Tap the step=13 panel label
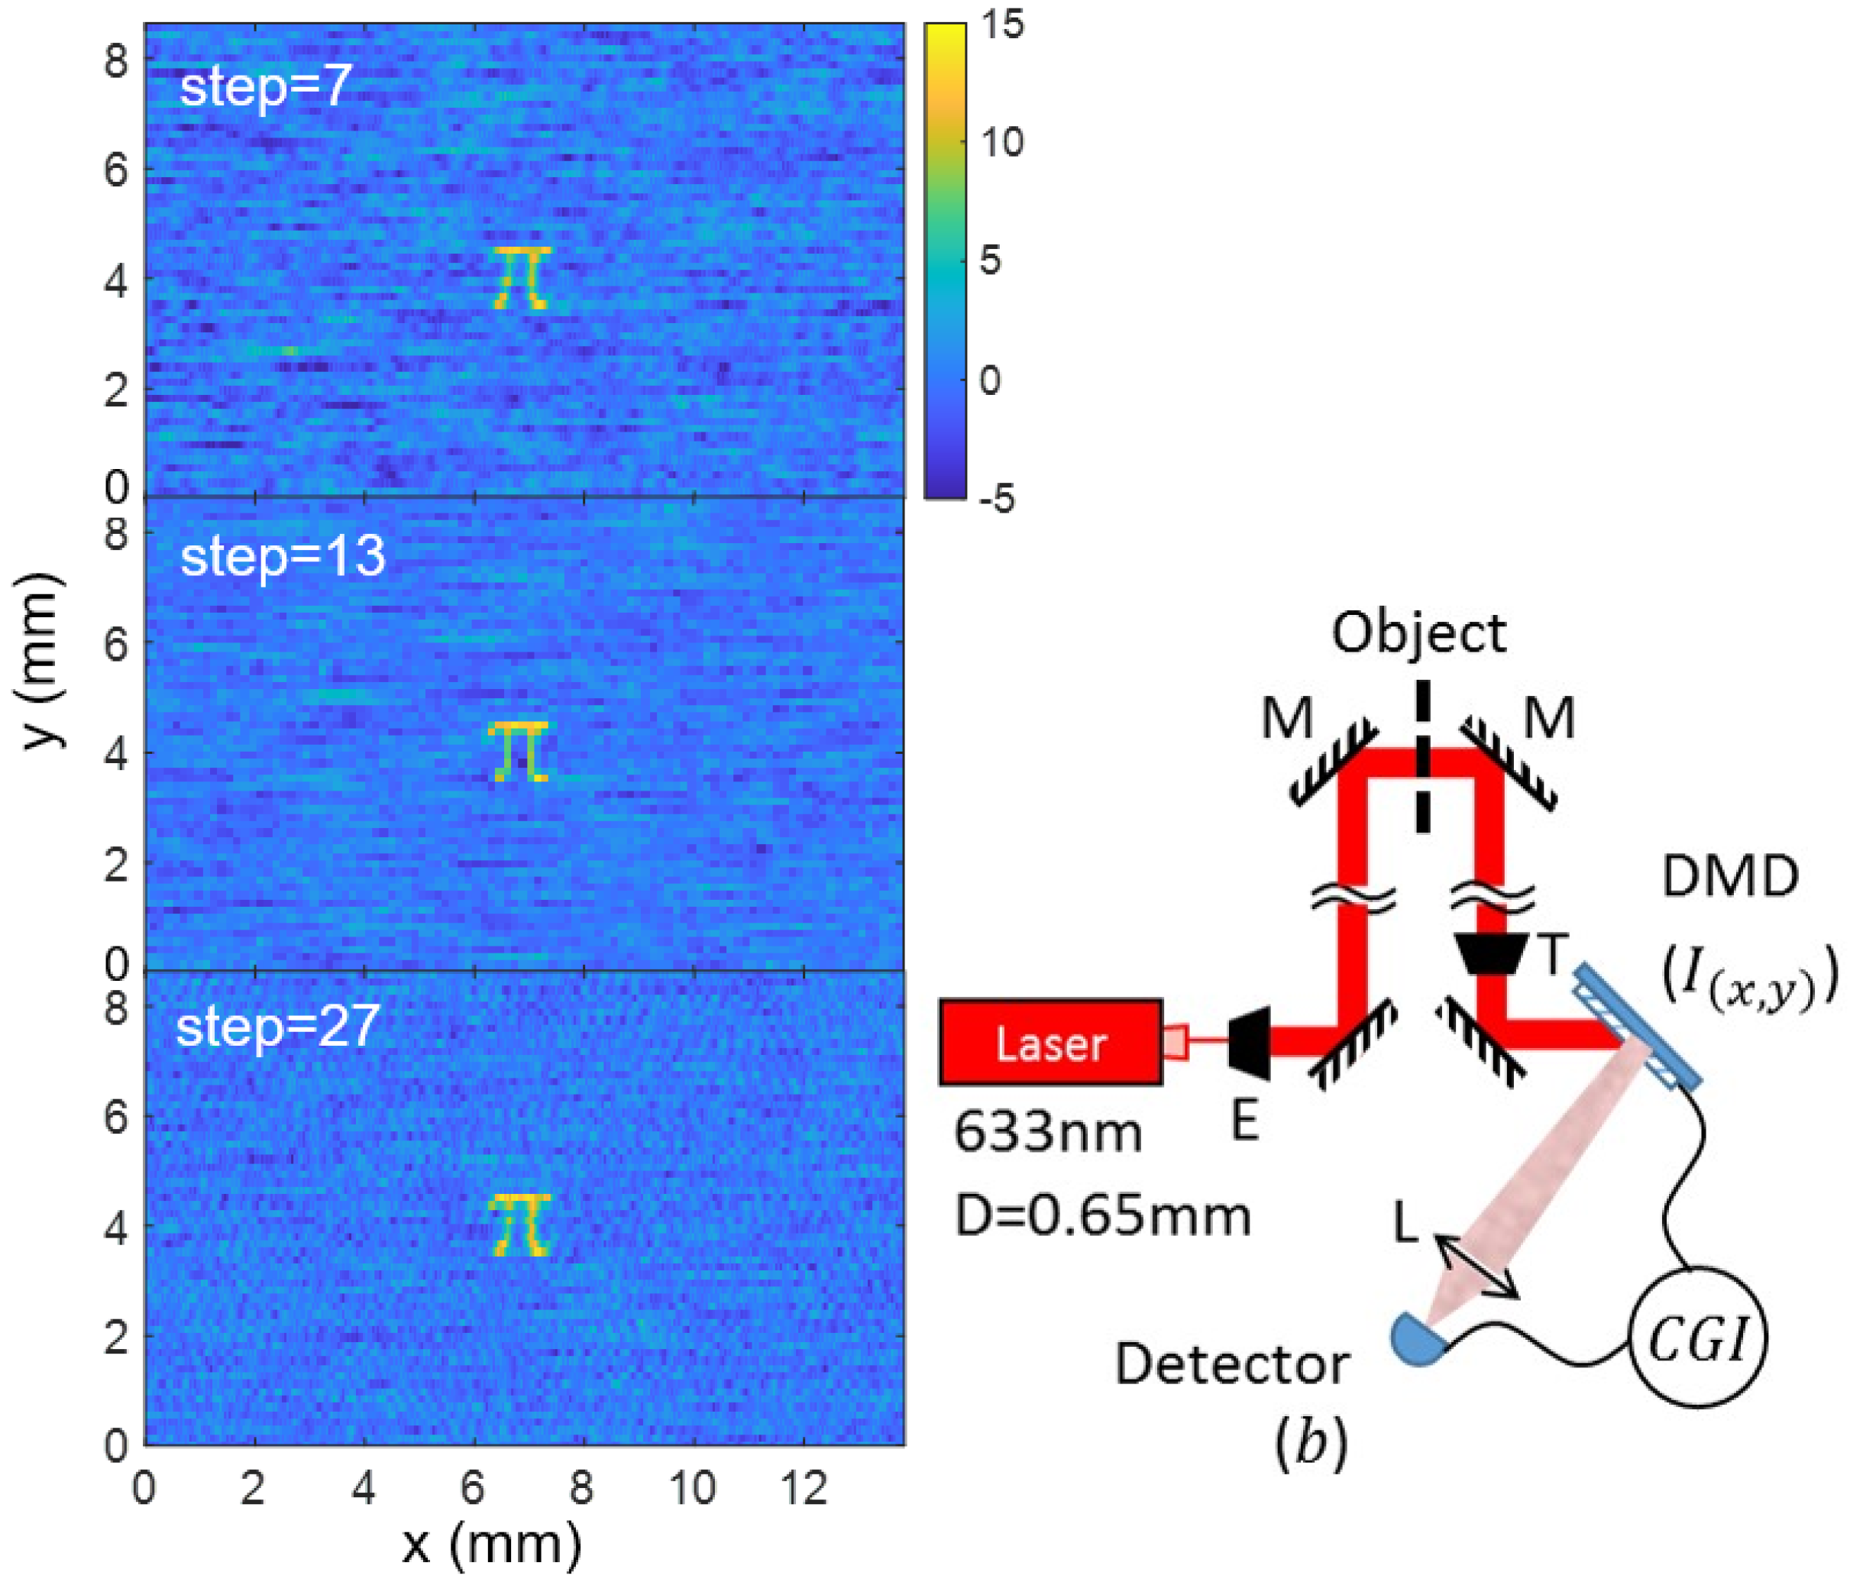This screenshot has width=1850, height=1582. click(282, 557)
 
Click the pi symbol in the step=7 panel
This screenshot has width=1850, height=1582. click(522, 277)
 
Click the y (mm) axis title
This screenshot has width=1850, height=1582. click(40, 660)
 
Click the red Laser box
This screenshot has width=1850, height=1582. click(1051, 1042)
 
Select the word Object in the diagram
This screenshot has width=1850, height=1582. click(1418, 634)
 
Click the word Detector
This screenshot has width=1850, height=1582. click(1232, 1365)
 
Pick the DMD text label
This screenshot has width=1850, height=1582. click(1729, 878)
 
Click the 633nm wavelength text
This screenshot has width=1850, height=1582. click(1048, 1133)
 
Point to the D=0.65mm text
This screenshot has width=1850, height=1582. click(1103, 1216)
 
